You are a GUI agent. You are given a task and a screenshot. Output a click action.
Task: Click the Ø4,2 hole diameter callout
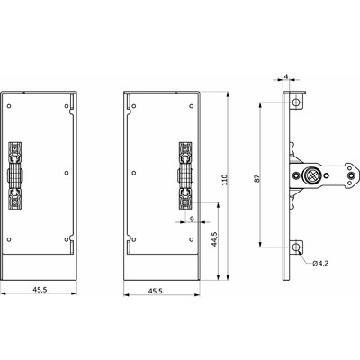[321, 263]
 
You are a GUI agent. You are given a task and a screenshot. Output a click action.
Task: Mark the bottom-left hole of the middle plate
[134, 239]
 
